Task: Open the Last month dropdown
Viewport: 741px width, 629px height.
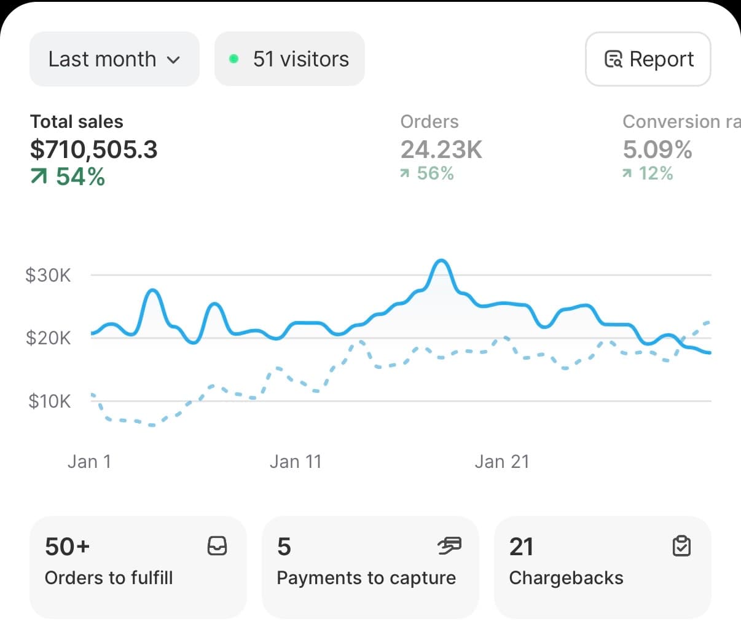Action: pyautogui.click(x=114, y=59)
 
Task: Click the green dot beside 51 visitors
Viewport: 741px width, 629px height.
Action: pyautogui.click(x=233, y=59)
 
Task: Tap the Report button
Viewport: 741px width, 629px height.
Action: pyautogui.click(x=648, y=59)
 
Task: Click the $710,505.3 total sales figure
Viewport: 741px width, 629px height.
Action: pyautogui.click(x=94, y=149)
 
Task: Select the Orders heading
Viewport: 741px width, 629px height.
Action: pyautogui.click(x=429, y=122)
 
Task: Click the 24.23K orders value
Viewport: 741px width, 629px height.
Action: pyautogui.click(x=441, y=149)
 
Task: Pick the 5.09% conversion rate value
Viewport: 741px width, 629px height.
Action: pyautogui.click(x=657, y=149)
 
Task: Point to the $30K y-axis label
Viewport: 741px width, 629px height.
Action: pyautogui.click(x=48, y=275)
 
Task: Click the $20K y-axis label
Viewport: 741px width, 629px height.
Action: pyautogui.click(x=48, y=338)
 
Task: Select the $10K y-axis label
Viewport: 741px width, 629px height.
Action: pyautogui.click(x=49, y=401)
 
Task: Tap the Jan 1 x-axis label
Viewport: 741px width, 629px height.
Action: pyautogui.click(x=90, y=461)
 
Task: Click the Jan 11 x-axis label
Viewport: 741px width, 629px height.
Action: pyautogui.click(x=296, y=461)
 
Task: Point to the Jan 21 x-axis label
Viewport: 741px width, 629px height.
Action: pyautogui.click(x=502, y=461)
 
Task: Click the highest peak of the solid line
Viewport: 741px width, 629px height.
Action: pyautogui.click(x=441, y=261)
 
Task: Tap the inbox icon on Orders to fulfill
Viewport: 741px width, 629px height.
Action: pyautogui.click(x=217, y=545)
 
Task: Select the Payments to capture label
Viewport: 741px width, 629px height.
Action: pyautogui.click(x=366, y=578)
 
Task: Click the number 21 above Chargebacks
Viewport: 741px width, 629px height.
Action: pyautogui.click(x=521, y=547)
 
